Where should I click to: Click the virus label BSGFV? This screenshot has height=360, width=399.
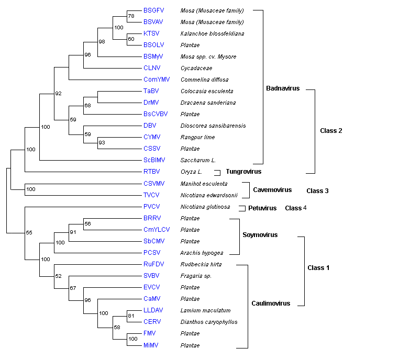(x=153, y=10)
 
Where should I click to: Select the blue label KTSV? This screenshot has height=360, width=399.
(x=151, y=33)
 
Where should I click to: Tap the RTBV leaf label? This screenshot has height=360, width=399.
(x=152, y=172)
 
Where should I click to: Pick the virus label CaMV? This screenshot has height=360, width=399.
(x=152, y=299)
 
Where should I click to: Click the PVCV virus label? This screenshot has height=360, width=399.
(x=152, y=207)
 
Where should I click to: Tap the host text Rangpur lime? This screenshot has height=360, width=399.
(x=196, y=137)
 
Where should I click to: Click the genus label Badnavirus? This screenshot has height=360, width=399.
(x=283, y=88)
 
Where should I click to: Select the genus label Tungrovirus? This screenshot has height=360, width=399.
(x=243, y=172)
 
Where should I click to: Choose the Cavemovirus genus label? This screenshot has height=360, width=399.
(x=272, y=190)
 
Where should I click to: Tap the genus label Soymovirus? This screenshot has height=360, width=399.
(x=260, y=235)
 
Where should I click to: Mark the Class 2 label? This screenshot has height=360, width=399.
(x=331, y=130)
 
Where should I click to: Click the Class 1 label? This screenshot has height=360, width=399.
(x=318, y=268)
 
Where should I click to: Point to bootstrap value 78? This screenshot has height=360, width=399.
(x=131, y=17)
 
